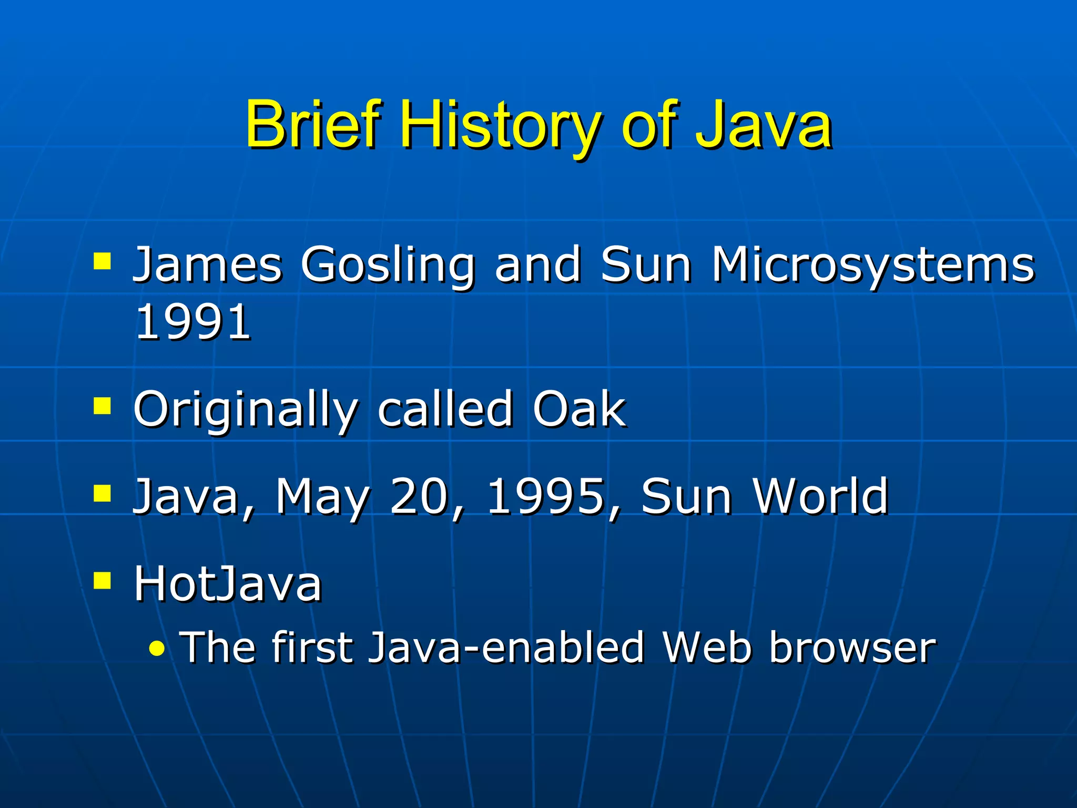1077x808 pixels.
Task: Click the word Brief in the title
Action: (311, 125)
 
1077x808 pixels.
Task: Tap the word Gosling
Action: (388, 266)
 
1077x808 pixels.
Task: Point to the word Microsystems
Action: (873, 266)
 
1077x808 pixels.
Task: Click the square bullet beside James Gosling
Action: (102, 261)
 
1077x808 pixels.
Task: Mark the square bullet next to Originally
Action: (102, 406)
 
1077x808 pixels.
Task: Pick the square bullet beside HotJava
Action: (102, 580)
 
